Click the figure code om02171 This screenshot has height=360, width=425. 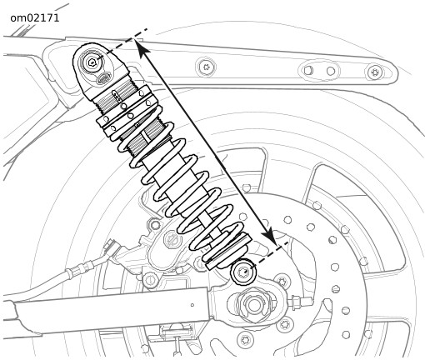(x=35, y=18)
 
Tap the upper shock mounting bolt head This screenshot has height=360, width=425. (x=91, y=62)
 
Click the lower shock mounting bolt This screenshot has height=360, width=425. (x=244, y=272)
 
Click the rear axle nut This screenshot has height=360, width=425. (x=253, y=305)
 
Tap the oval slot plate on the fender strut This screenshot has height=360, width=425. (x=318, y=70)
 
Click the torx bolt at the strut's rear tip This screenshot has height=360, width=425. (x=374, y=72)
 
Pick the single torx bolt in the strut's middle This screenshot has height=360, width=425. (x=206, y=67)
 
